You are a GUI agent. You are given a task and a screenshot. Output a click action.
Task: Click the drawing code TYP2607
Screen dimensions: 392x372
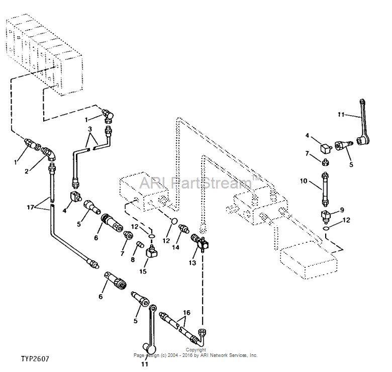pyautogui.click(x=35, y=359)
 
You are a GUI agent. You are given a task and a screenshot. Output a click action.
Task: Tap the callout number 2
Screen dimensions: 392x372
pyautogui.click(x=27, y=171)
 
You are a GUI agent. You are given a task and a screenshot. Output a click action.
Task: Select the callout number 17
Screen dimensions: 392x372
pyautogui.click(x=30, y=207)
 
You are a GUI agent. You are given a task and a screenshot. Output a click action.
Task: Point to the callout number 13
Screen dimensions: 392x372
pyautogui.click(x=192, y=263)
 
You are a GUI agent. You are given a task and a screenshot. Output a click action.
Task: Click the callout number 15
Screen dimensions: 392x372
pyautogui.click(x=143, y=271)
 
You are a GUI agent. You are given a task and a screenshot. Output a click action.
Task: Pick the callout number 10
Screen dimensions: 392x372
pyautogui.click(x=304, y=181)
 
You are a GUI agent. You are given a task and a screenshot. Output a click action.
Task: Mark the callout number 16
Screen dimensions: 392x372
pyautogui.click(x=187, y=313)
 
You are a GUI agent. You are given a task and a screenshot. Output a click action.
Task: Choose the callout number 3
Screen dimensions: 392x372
pyautogui.click(x=90, y=129)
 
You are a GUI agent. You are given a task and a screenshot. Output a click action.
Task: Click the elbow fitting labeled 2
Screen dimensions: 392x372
pyautogui.click(x=49, y=154)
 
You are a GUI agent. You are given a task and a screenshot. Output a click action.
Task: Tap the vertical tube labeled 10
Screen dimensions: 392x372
pyautogui.click(x=325, y=189)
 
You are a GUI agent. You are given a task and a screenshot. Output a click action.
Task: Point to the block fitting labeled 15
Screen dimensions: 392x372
pyautogui.click(x=151, y=252)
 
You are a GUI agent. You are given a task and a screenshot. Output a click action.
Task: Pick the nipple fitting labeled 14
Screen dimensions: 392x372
pyautogui.click(x=184, y=228)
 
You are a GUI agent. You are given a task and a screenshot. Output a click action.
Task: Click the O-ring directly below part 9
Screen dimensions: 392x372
pyautogui.click(x=326, y=228)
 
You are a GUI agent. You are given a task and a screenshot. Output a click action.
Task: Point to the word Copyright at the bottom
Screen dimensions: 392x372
pyautogui.click(x=196, y=350)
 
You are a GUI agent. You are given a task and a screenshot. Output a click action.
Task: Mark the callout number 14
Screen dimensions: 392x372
pyautogui.click(x=175, y=247)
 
